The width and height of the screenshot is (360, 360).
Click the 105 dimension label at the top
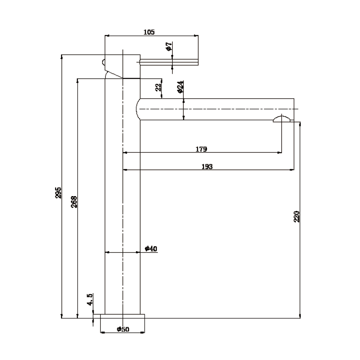[149, 32]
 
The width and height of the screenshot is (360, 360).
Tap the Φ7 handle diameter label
[169, 47]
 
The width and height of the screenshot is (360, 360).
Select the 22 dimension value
[159, 87]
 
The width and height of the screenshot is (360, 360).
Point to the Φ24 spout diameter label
[180, 87]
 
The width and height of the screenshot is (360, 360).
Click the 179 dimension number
[201, 149]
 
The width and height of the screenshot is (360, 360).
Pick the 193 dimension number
[207, 166]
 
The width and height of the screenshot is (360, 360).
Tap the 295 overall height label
[58, 193]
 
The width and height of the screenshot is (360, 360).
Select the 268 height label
[74, 202]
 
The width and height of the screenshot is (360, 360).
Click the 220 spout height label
[296, 216]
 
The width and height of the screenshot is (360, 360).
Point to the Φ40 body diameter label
[151, 249]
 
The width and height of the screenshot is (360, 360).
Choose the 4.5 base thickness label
[90, 299]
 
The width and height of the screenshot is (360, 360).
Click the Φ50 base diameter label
[123, 329]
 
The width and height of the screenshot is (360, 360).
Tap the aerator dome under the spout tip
[282, 119]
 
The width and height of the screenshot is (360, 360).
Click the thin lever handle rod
[169, 62]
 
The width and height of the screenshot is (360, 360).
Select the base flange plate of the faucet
[122, 316]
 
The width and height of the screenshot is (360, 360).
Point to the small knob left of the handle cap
[103, 62]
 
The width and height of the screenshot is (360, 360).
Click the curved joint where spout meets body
[138, 109]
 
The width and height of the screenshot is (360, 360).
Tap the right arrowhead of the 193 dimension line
[292, 170]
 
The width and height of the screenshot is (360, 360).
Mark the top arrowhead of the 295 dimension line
[61, 57]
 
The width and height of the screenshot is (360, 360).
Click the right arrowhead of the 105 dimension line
[196, 36]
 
